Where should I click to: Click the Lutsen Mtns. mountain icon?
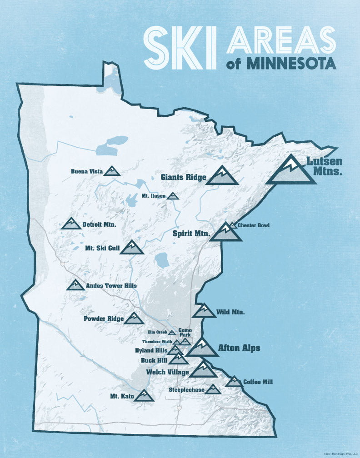point(291,171)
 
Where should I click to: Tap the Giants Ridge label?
point(184,177)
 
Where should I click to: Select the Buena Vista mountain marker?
point(111,171)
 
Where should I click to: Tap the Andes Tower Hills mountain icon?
point(75,285)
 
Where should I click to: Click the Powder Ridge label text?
point(104,319)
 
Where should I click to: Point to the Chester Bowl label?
point(250,225)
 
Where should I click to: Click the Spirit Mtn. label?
point(191,234)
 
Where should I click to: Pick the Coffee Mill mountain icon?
point(234,382)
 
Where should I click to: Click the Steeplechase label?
point(186,390)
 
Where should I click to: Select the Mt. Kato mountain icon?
point(145,396)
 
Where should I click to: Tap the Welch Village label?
point(167,372)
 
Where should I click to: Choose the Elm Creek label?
point(157,333)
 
